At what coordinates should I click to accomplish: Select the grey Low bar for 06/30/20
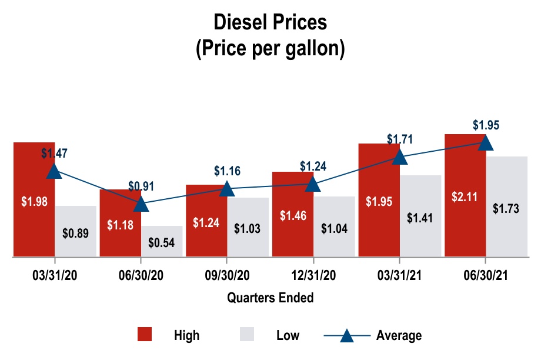coord(162,241)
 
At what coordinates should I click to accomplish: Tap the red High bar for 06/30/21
coord(465,224)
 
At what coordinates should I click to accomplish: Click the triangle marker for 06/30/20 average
coord(141,204)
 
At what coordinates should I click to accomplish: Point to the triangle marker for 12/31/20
coord(313,184)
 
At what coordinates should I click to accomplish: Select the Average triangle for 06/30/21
coord(485,142)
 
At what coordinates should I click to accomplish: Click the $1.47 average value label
coord(54,153)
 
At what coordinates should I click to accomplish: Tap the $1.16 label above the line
coord(227,171)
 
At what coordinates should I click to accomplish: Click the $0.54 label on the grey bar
coord(162,242)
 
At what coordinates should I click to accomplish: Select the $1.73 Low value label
coord(506,209)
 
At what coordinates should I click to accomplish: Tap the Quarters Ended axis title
coord(270,298)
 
